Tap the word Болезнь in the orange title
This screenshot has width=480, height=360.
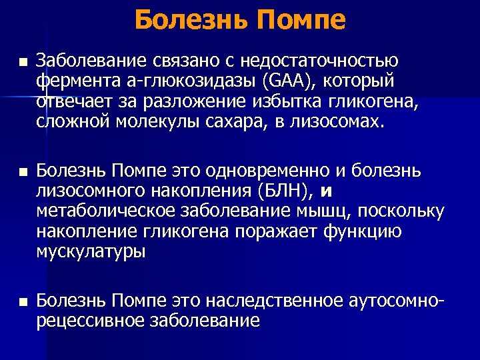click(x=189, y=20)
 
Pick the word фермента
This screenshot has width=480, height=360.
click(x=71, y=81)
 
